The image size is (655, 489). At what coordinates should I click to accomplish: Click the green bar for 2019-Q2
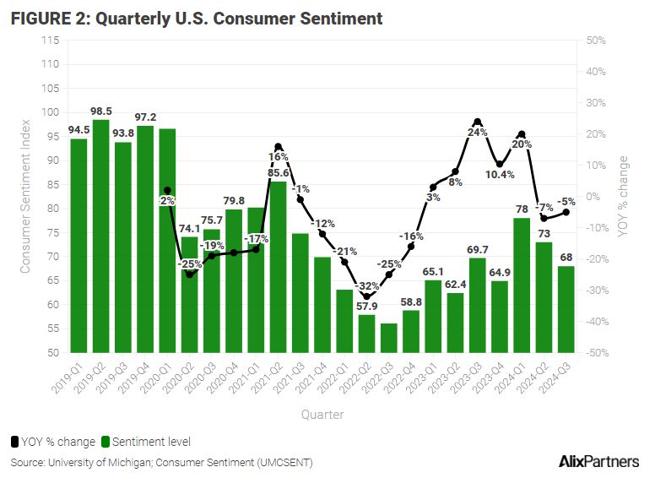[101, 236]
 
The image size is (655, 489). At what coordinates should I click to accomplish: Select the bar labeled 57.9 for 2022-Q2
[365, 334]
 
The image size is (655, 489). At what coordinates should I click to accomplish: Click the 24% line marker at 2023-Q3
[477, 122]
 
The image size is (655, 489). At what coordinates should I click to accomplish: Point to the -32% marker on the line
[365, 296]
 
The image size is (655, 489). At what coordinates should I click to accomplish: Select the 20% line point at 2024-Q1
[521, 134]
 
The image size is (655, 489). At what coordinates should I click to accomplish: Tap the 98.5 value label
[101, 111]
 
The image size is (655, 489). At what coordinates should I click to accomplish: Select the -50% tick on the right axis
[597, 352]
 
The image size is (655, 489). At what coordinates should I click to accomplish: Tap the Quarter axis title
[322, 415]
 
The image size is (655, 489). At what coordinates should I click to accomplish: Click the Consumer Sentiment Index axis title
[25, 196]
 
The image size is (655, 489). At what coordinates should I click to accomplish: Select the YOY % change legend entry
[53, 441]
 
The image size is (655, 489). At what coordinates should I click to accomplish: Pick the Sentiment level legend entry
[146, 441]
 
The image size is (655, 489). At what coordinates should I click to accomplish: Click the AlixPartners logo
[598, 462]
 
